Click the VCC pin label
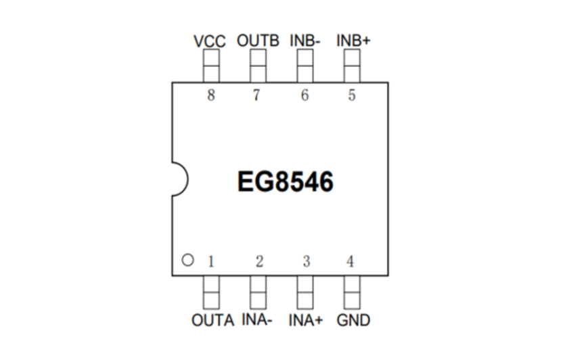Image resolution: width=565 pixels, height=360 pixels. point(209,41)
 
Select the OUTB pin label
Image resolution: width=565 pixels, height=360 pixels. point(258,41)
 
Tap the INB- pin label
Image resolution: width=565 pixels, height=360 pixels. point(305,41)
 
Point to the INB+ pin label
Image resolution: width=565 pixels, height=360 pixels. point(353,41)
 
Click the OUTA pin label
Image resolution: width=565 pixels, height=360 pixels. point(212,320)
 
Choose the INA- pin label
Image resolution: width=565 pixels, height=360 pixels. point(257,319)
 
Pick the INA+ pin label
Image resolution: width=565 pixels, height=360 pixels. point(306,320)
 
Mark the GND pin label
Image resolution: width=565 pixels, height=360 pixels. point(353,320)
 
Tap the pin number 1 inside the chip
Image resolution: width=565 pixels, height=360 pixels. point(211,262)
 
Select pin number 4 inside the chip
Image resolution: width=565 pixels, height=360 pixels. point(350,262)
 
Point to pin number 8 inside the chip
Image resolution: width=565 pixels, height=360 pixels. point(211,95)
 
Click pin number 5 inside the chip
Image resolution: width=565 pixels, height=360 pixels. point(352,95)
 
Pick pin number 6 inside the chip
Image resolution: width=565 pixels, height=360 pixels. point(304,95)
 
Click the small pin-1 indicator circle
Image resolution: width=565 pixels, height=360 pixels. point(188,260)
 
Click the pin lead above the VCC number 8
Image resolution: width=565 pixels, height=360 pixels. point(212,66)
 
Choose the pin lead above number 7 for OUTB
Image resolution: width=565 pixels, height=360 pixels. point(258,66)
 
